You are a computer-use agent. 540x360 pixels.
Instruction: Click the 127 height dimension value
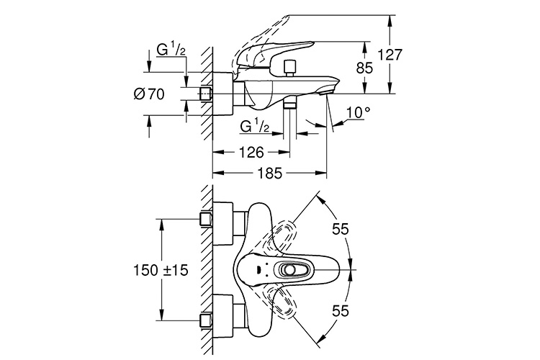point(390,55)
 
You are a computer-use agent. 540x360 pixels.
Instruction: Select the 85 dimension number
point(364,68)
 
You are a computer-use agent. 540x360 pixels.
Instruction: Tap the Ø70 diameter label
point(149,94)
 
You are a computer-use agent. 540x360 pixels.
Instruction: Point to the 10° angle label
point(359,112)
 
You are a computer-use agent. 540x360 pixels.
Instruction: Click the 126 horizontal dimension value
point(251,152)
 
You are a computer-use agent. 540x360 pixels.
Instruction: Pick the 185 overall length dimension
point(269,173)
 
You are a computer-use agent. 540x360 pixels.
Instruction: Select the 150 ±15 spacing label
point(161,270)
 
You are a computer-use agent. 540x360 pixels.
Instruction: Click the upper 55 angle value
point(341,229)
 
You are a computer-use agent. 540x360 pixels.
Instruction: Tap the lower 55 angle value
point(341,311)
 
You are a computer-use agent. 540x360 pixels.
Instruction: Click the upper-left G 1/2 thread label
point(171,50)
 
